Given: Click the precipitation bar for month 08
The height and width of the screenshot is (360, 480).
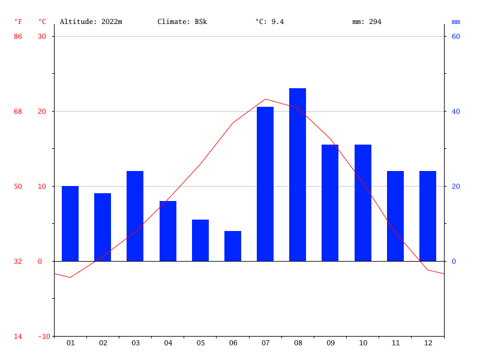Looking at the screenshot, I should pyautogui.click(x=298, y=175).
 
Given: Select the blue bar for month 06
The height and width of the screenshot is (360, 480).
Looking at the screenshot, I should pyautogui.click(x=233, y=246).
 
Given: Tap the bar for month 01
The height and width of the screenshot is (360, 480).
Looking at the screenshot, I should pyautogui.click(x=70, y=223).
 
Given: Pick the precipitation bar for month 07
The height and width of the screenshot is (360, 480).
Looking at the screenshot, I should pyautogui.click(x=265, y=184).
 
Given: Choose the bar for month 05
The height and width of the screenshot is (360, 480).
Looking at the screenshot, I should pyautogui.click(x=200, y=240).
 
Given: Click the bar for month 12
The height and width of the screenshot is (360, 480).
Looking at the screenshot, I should pyautogui.click(x=428, y=216).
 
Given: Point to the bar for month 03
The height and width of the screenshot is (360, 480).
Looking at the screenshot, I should pyautogui.click(x=135, y=216).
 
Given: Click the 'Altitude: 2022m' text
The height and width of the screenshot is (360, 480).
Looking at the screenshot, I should pyautogui.click(x=91, y=22).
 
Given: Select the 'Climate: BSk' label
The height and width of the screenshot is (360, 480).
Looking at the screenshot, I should pyautogui.click(x=182, y=22).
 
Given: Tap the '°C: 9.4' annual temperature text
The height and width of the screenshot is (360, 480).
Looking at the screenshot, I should pyautogui.click(x=269, y=22).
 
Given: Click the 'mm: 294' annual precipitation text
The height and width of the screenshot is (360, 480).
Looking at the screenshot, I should pyautogui.click(x=367, y=22).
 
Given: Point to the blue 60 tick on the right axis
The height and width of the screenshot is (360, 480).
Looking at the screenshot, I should pyautogui.click(x=455, y=37).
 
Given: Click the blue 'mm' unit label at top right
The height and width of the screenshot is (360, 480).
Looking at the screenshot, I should pyautogui.click(x=456, y=22).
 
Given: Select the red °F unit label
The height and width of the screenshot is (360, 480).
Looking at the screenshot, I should pyautogui.click(x=18, y=22).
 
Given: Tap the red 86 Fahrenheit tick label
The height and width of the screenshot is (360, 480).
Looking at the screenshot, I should pyautogui.click(x=18, y=37).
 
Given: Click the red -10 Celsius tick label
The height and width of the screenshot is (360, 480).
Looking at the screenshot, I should pyautogui.click(x=44, y=337).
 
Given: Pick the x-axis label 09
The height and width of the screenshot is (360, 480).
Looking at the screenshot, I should pyautogui.click(x=331, y=343).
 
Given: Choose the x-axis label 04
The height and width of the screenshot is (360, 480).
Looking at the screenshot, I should pyautogui.click(x=168, y=343).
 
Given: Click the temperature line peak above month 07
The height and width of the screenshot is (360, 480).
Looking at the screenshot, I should pyautogui.click(x=265, y=99).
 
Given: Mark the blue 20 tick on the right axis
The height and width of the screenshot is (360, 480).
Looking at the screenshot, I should pyautogui.click(x=455, y=187).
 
